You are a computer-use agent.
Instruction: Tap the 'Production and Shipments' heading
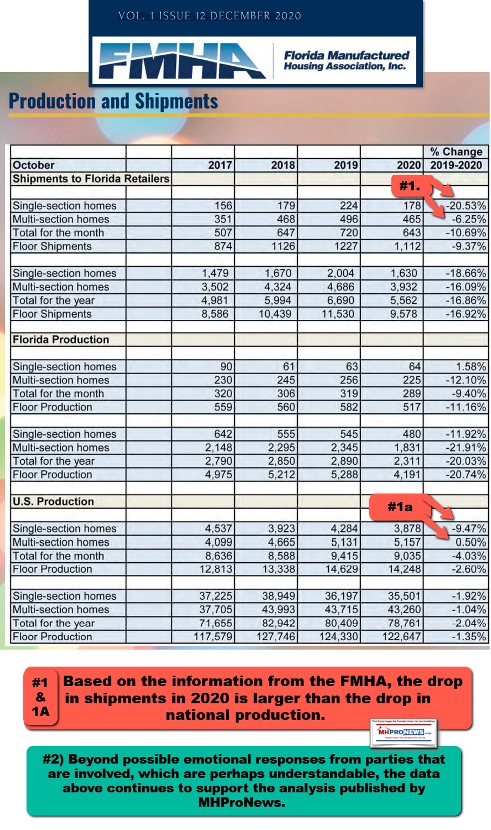tap(113, 101)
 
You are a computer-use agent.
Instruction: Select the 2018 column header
tap(283, 165)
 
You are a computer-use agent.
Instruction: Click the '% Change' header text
tap(456, 152)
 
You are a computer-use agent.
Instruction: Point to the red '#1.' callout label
tap(410, 186)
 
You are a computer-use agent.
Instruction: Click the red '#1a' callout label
tap(400, 506)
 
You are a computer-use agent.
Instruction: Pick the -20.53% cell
tap(467, 206)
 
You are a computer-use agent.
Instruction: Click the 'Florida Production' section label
tap(61, 340)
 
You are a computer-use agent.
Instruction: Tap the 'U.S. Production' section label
tap(53, 502)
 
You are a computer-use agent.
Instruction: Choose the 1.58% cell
tap(471, 366)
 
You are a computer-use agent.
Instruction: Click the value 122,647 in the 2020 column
tap(401, 636)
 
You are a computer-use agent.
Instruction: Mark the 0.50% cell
tap(471, 542)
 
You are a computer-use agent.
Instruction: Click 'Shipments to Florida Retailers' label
tap(91, 179)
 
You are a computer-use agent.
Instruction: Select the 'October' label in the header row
tap(33, 165)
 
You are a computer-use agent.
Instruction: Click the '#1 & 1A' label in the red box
tap(40, 697)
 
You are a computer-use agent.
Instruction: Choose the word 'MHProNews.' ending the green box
tap(242, 802)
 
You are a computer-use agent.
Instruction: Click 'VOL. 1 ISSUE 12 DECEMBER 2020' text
tap(209, 16)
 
